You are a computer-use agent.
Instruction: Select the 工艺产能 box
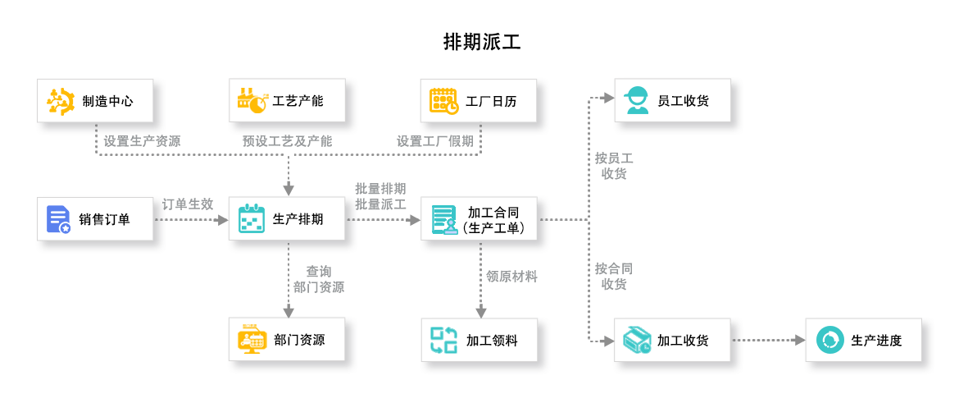point(292,102)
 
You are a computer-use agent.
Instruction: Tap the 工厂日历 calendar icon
point(443,101)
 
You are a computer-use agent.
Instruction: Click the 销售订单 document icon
point(58,219)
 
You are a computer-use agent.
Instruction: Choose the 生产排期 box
point(292,219)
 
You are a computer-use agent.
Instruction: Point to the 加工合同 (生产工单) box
point(484,219)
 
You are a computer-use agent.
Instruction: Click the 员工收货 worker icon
point(635,101)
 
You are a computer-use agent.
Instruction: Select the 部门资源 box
point(292,340)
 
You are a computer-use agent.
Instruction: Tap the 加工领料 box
point(484,340)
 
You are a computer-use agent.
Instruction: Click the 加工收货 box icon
point(636,340)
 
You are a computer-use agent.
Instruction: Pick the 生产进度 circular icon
point(829,340)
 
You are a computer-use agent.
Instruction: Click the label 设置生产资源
point(142,141)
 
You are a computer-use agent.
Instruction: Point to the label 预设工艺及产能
point(287,141)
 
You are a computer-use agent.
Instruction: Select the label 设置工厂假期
point(435,141)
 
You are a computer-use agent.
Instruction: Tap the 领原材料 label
point(512,277)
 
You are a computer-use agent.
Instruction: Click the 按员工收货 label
point(614,166)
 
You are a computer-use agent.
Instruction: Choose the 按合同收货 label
point(614,277)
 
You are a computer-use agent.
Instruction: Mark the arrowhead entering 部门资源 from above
point(289,311)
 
